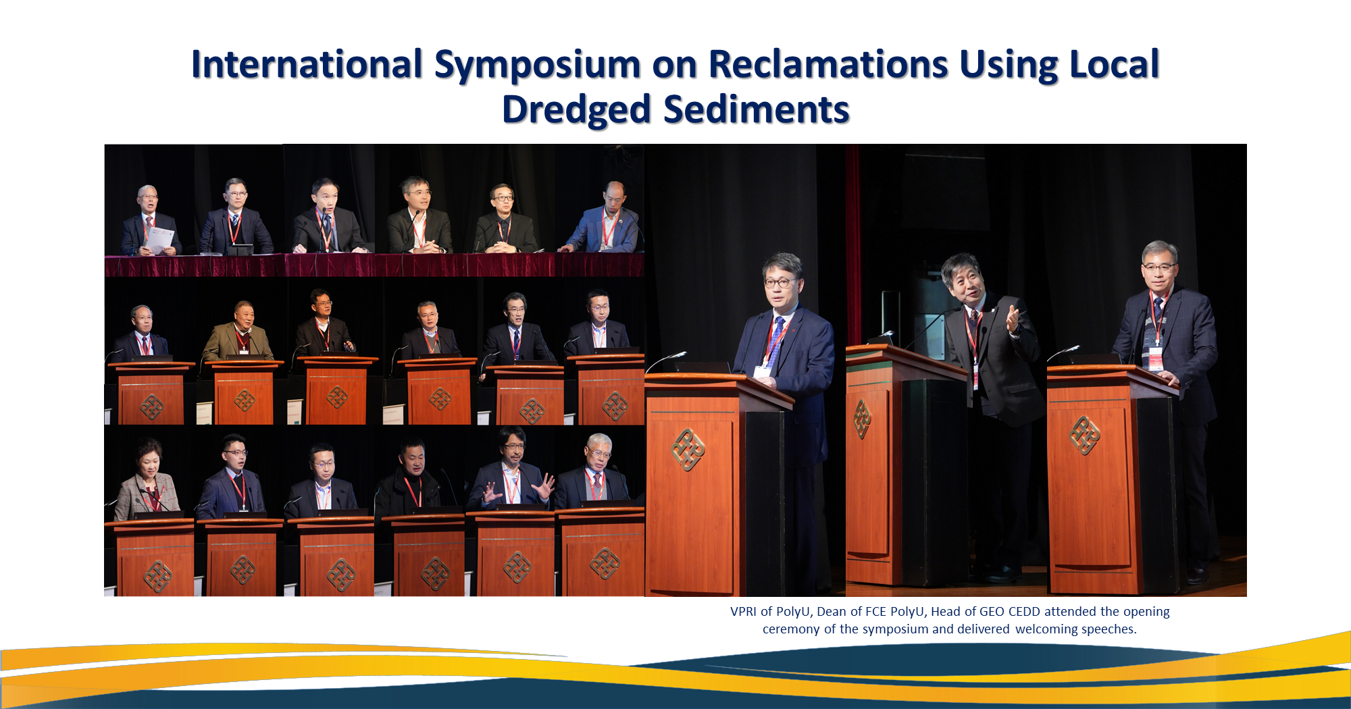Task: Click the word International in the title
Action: [307, 64]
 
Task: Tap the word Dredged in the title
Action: [576, 109]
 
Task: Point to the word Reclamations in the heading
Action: [828, 64]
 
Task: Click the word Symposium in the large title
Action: [537, 65]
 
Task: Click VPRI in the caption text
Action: [743, 612]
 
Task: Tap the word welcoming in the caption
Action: [1046, 629]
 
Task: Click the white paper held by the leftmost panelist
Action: [160, 240]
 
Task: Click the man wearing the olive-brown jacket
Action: [239, 331]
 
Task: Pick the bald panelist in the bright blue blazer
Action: [605, 219]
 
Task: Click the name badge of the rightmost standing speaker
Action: [1156, 359]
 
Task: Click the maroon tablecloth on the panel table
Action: [374, 265]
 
